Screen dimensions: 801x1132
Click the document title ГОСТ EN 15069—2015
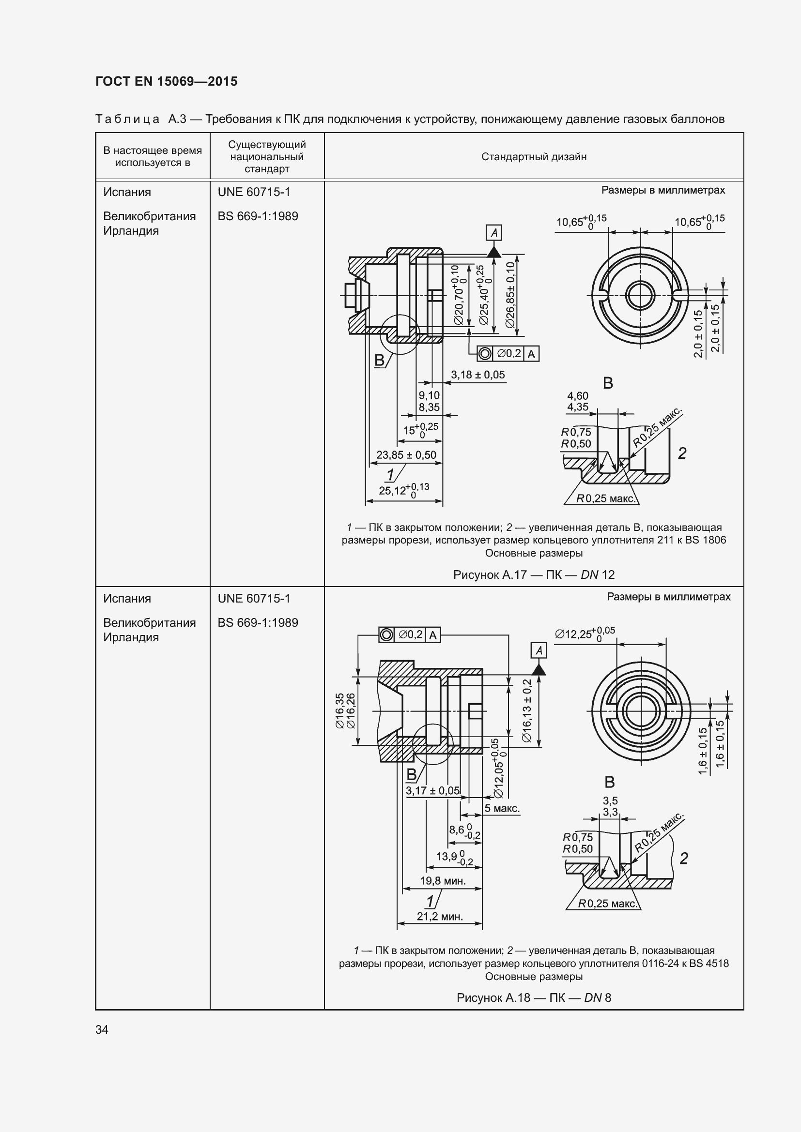click(166, 81)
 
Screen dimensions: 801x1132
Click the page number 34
click(102, 1029)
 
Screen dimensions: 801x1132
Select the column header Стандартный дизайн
click(534, 157)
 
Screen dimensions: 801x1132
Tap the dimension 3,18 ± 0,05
click(478, 375)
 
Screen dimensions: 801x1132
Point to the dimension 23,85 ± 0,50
click(406, 454)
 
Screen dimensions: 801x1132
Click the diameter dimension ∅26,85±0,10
click(510, 295)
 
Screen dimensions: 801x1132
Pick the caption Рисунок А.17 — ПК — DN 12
click(534, 574)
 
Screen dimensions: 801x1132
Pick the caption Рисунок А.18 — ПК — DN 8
click(534, 998)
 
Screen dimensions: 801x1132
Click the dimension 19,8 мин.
click(443, 880)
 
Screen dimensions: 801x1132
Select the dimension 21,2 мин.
click(440, 917)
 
